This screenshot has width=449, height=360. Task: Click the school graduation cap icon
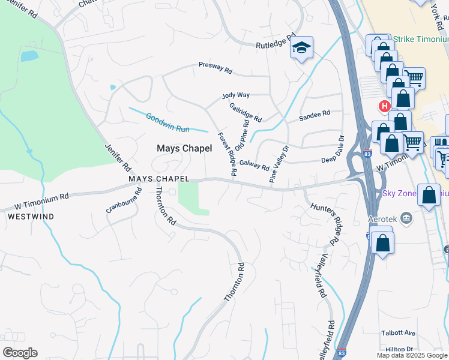click(x=301, y=48)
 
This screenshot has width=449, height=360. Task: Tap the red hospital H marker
click(x=384, y=106)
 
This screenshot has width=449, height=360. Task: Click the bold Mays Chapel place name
click(x=184, y=148)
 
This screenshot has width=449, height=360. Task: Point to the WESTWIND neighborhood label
click(x=31, y=216)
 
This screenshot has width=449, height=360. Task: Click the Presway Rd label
click(x=215, y=68)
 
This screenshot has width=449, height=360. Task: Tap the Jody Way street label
click(x=235, y=95)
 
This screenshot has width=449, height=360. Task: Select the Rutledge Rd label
click(x=277, y=40)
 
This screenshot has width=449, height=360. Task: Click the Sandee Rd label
click(x=315, y=113)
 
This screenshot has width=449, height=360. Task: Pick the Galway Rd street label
click(x=254, y=163)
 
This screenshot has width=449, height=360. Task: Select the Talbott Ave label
click(x=398, y=333)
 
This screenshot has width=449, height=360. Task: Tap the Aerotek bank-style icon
click(x=406, y=217)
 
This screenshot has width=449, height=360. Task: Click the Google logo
click(x=20, y=353)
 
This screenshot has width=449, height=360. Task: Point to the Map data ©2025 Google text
click(x=412, y=355)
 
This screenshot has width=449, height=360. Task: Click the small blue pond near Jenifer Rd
click(x=29, y=56)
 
